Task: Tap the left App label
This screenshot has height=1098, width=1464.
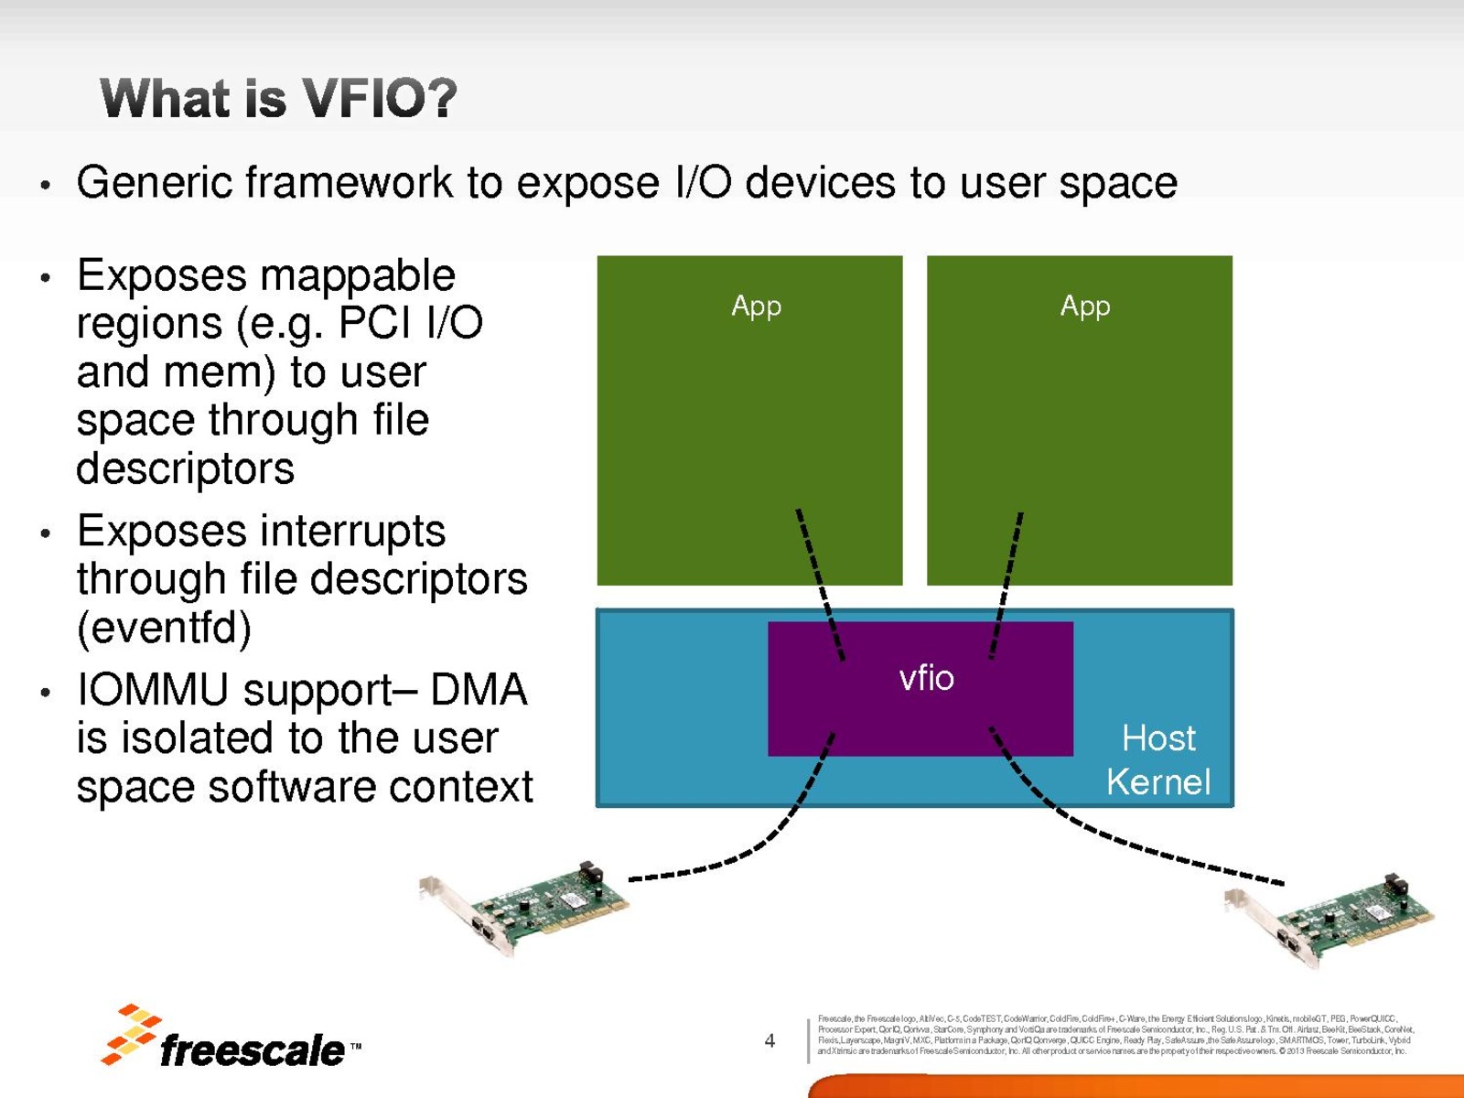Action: click(756, 306)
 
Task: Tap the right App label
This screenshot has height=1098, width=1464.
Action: click(1085, 306)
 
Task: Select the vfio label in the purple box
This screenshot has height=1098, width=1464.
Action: click(926, 678)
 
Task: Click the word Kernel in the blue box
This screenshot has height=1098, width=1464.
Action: click(1157, 782)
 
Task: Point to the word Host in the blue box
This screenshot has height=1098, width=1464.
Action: click(1158, 738)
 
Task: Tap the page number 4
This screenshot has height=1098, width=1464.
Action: click(770, 1040)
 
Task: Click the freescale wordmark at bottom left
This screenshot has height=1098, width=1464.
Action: click(252, 1050)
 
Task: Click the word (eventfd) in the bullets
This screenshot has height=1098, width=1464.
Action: click(164, 628)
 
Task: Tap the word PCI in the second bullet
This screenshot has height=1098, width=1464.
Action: click(367, 323)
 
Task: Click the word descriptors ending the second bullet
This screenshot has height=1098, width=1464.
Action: click(185, 468)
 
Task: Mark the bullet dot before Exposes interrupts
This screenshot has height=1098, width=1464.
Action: click(45, 533)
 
